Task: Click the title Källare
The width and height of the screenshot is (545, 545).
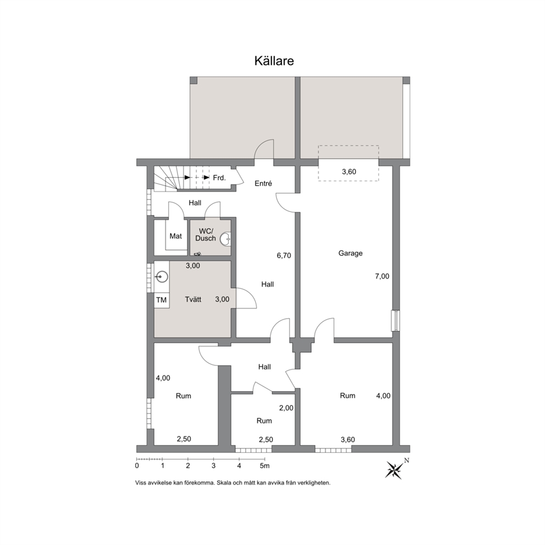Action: click(274, 61)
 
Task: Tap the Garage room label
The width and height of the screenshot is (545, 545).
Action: click(351, 253)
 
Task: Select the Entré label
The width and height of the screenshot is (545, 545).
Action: click(263, 183)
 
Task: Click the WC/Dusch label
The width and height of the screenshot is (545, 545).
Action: click(205, 235)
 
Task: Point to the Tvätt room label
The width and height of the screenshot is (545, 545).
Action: click(193, 299)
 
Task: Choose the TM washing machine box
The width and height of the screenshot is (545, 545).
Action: click(162, 300)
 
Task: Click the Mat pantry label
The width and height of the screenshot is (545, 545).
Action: click(175, 236)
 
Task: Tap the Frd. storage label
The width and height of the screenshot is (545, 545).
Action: click(219, 178)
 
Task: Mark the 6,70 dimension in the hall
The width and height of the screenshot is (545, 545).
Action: click(283, 256)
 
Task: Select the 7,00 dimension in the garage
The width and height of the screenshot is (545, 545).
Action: click(382, 277)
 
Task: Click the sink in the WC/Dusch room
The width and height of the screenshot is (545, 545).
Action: click(226, 238)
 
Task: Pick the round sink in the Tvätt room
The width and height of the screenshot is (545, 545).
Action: click(162, 277)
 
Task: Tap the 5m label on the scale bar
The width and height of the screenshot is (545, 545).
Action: click(265, 466)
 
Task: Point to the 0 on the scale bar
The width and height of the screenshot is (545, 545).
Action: click(137, 466)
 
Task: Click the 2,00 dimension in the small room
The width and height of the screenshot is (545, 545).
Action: click(286, 408)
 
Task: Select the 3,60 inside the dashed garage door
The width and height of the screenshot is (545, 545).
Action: click(349, 172)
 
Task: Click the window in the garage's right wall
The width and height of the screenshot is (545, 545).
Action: click(396, 320)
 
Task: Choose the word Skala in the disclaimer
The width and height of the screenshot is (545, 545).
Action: click(225, 483)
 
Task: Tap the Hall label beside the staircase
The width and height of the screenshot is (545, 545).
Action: click(194, 203)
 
